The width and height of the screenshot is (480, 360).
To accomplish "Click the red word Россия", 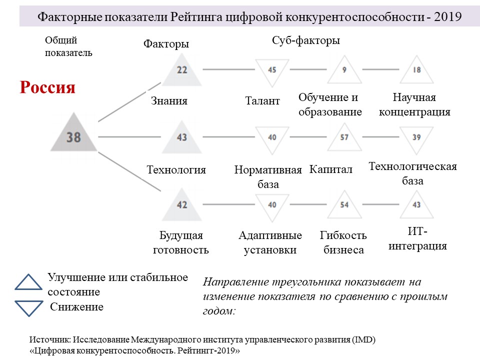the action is click(x=47, y=87).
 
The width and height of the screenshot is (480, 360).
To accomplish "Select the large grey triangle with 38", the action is click(x=74, y=134).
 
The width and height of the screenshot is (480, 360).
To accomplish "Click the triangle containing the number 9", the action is click(x=344, y=71).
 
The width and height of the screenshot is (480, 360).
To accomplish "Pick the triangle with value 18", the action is click(x=416, y=71).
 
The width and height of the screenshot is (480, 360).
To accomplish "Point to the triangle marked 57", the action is click(x=344, y=139).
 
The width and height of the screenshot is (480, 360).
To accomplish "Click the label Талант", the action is click(x=262, y=100).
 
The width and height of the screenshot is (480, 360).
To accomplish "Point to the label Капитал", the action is click(x=330, y=169).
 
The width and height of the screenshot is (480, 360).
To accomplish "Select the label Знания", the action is click(x=169, y=100).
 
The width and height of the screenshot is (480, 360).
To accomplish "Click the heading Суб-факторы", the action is click(x=306, y=40).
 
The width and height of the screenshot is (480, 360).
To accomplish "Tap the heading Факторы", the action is click(x=166, y=44).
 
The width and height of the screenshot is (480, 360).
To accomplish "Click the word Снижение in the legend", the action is click(x=77, y=306).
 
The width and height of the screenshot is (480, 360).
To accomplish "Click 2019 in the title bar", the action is click(x=447, y=16).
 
